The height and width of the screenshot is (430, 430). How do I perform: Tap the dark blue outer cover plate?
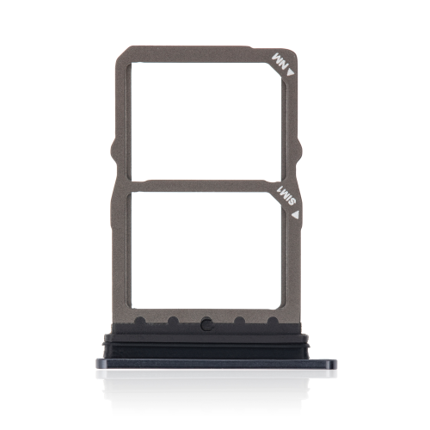(x=208, y=369)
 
